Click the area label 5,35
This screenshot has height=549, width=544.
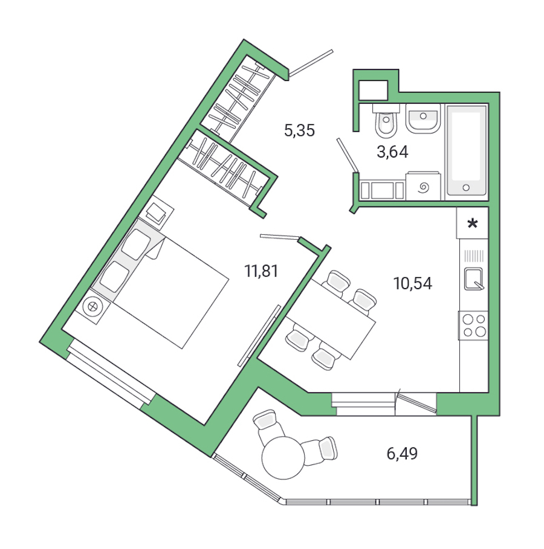pyautogui.click(x=300, y=130)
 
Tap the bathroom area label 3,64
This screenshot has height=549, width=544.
pyautogui.click(x=392, y=152)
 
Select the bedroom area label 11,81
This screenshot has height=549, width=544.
pyautogui.click(x=261, y=271)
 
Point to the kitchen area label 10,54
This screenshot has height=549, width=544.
pyautogui.click(x=412, y=283)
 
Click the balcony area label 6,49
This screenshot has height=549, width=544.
pyautogui.click(x=402, y=453)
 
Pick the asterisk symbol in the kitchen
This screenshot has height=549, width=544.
pyautogui.click(x=473, y=225)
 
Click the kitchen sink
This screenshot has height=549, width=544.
pyautogui.click(x=473, y=278)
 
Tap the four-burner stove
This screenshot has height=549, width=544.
pyautogui.click(x=473, y=325)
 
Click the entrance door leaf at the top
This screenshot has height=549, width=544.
pyautogui.click(x=311, y=63)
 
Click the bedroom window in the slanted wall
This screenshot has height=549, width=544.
pyautogui.click(x=109, y=375)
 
